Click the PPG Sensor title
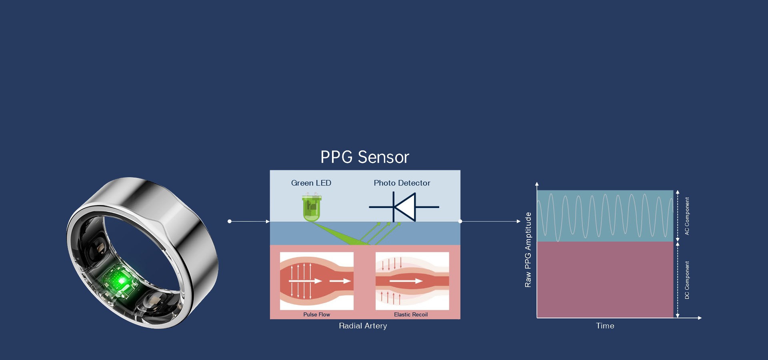coord(364,157)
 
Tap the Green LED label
coord(311,183)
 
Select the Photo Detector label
coord(402,183)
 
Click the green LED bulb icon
coord(312,208)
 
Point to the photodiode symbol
coord(404,207)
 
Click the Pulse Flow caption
coord(316,314)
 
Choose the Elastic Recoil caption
coord(411,314)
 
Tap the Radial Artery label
coord(363,326)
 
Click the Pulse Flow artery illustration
coord(316,281)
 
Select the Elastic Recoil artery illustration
coord(412,281)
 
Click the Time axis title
coord(605,326)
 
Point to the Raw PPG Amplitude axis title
coord(528,250)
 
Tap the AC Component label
coord(687,216)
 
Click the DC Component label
coord(687,280)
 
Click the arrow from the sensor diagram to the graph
coord(490,221)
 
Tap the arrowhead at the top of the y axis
coord(537,184)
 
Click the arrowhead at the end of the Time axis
coord(700,318)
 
